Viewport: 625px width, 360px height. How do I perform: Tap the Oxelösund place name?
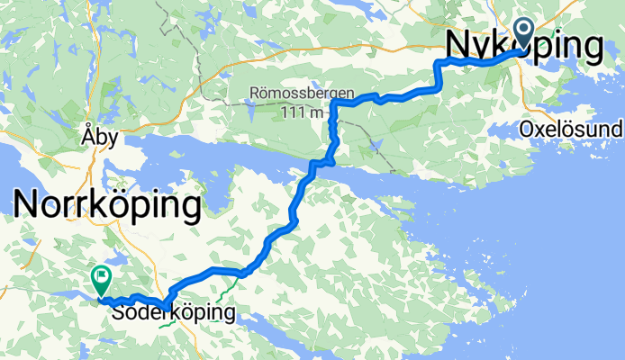[x=570, y=130]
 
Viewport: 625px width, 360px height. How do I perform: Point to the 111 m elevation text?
[x=302, y=112]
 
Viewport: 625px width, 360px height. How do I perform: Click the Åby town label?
[x=98, y=128]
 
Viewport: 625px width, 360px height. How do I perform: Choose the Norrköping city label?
[x=106, y=206]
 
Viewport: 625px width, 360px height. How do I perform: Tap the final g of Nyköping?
[x=589, y=47]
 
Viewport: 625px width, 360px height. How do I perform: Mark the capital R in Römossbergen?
[x=258, y=94]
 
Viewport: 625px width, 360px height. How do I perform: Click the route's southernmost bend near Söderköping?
[x=164, y=303]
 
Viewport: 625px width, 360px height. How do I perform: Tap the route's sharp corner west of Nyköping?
[x=439, y=62]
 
